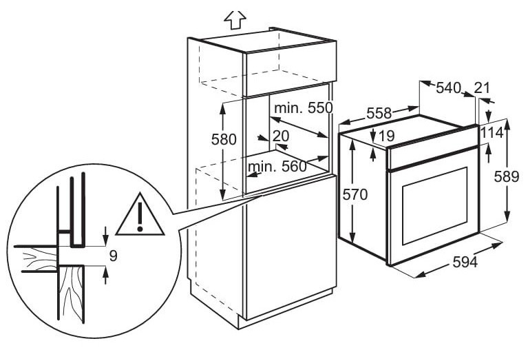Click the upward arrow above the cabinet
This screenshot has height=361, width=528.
(235, 19)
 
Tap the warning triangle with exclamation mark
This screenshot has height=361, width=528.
(140, 215)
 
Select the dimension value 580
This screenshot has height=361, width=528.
(224, 139)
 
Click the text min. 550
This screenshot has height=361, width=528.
(304, 108)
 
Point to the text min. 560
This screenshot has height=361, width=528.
(277, 166)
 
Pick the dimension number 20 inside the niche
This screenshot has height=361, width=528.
(281, 136)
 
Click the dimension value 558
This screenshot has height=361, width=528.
(379, 113)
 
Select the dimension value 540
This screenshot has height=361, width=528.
(449, 88)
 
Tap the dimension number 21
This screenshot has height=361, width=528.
(482, 88)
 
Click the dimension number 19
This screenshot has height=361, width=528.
(387, 136)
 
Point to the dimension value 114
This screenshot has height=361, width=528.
(492, 133)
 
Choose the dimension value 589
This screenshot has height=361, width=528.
(507, 176)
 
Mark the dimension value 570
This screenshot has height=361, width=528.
(355, 194)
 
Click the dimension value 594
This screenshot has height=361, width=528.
(465, 262)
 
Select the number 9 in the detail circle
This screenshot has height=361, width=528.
(114, 256)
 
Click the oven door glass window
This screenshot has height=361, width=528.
(435, 205)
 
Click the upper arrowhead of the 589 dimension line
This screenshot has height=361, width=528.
(507, 125)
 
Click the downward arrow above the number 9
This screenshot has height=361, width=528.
(106, 236)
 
